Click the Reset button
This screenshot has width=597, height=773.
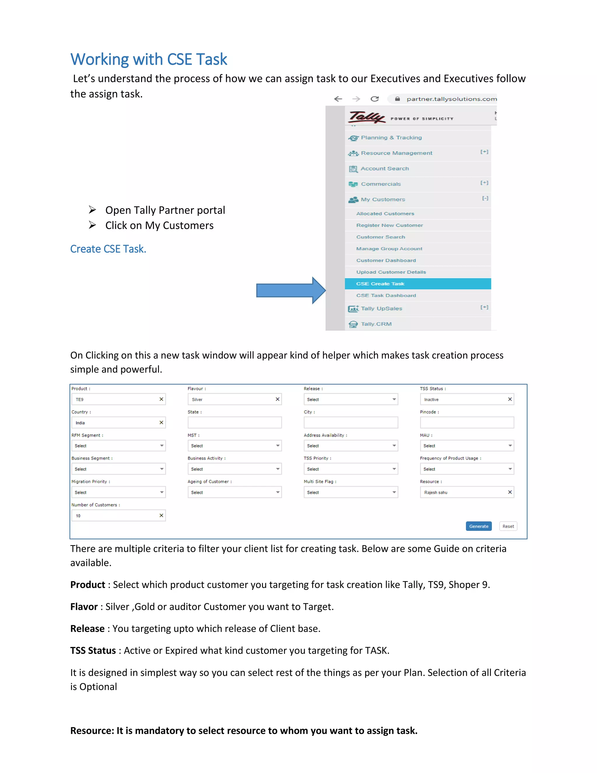click(x=508, y=526)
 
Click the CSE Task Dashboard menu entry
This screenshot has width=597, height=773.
click(x=386, y=295)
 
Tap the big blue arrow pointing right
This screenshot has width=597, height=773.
click(x=290, y=290)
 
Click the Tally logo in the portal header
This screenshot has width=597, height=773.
click(x=366, y=117)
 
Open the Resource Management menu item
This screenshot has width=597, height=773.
click(x=396, y=153)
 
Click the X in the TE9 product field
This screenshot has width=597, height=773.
click(x=161, y=399)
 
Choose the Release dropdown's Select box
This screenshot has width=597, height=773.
click(x=350, y=399)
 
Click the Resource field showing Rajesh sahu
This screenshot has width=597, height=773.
click(x=463, y=492)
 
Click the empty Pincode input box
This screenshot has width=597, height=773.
click(x=466, y=423)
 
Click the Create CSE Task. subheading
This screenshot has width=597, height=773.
click(x=108, y=249)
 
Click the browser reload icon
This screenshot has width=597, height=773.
click(x=375, y=99)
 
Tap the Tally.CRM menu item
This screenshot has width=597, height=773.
click(x=376, y=324)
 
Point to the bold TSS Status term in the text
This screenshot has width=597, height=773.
click(x=93, y=650)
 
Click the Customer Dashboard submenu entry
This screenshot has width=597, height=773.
click(x=386, y=260)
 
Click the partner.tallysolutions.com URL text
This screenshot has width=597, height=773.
click(x=451, y=99)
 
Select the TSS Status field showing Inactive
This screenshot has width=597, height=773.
click(x=463, y=399)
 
